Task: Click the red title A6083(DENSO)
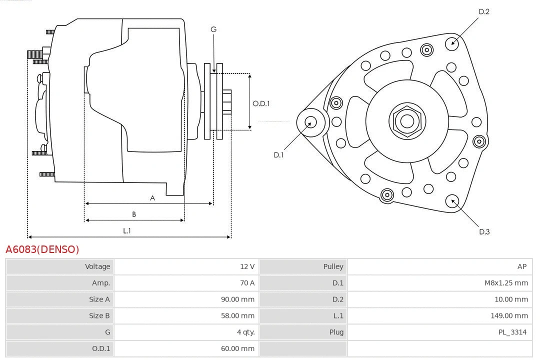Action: [42, 249]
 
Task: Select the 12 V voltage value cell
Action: [247, 266]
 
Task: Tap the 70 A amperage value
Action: [247, 283]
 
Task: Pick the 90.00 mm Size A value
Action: [237, 299]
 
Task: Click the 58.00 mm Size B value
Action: [237, 315]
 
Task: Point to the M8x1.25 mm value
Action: [506, 283]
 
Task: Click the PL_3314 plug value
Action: [512, 332]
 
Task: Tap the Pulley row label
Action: [333, 266]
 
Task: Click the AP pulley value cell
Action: [522, 266]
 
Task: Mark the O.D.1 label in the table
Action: [101, 348]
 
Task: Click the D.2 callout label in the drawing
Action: [484, 11]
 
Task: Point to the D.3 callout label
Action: [484, 231]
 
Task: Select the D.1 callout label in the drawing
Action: [278, 155]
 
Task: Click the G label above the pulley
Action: [213, 29]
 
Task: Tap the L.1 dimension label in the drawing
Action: [127, 230]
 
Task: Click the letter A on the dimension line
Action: [152, 198]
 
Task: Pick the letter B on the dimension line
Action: [134, 214]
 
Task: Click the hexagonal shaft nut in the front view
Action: [407, 120]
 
